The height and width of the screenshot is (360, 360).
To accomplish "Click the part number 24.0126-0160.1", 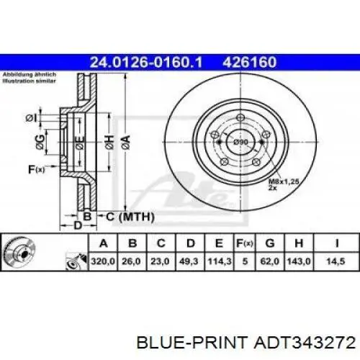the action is (x=146, y=62).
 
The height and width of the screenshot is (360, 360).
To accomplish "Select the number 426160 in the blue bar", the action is (x=250, y=62).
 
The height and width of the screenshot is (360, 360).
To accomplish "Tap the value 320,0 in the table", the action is (x=103, y=261).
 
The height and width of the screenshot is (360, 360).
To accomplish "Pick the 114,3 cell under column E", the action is (x=220, y=261).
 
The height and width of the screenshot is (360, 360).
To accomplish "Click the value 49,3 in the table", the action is (x=189, y=261).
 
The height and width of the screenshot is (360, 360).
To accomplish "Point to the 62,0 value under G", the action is (x=270, y=261).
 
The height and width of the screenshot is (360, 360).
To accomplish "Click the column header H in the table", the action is (x=299, y=243).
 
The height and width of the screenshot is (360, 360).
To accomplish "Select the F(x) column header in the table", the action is (x=245, y=243).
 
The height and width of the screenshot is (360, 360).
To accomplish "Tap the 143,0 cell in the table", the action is (x=299, y=261).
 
